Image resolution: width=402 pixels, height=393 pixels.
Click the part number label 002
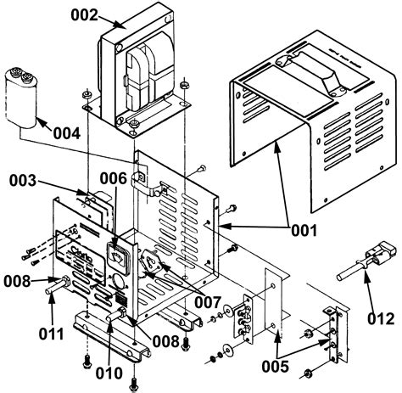pos(83,14)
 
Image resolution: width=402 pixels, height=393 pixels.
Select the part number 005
pos(276,366)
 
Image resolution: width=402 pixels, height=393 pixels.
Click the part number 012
pos(380,319)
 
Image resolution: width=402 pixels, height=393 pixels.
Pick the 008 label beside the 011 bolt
pos(19,279)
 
